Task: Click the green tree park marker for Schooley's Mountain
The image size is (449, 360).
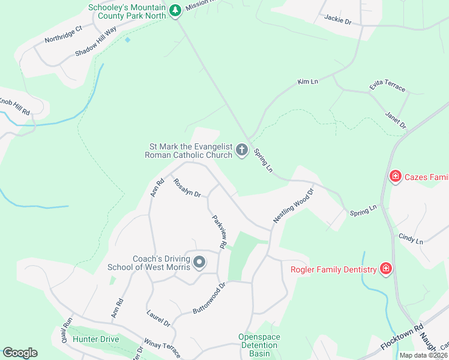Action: click(x=175, y=11)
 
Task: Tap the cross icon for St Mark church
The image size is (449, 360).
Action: click(x=242, y=149)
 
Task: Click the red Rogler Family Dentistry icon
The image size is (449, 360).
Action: click(x=386, y=269)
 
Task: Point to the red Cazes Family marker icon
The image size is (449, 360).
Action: click(x=396, y=176)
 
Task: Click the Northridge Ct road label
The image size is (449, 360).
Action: click(x=63, y=35)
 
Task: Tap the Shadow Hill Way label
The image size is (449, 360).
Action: click(x=96, y=42)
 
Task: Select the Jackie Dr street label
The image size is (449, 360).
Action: click(x=337, y=20)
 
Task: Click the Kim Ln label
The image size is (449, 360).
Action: click(x=307, y=81)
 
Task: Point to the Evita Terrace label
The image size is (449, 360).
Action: click(x=388, y=87)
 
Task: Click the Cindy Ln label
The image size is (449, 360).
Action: click(x=411, y=238)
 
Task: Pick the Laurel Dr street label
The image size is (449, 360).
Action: click(x=158, y=318)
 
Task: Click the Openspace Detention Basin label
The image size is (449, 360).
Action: click(x=259, y=345)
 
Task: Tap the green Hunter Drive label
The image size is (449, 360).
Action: click(x=95, y=339)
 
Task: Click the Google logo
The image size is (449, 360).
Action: click(x=20, y=353)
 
